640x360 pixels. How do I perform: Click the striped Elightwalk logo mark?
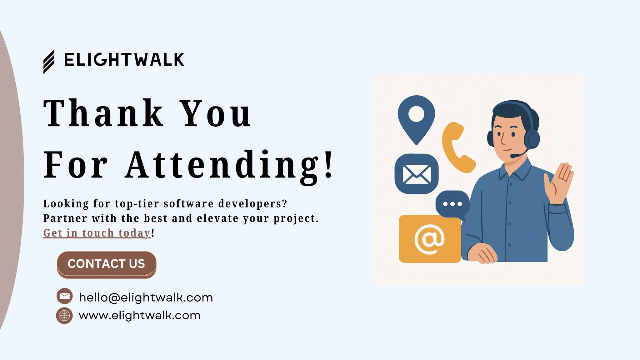tap(49, 62)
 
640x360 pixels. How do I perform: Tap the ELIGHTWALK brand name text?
tap(124, 60)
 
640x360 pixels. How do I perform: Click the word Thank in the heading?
tap(103, 113)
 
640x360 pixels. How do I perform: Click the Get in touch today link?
tap(97, 233)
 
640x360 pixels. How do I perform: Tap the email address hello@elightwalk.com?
tap(146, 297)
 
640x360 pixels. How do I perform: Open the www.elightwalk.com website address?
tap(139, 315)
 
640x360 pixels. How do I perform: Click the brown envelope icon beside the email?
tap(65, 296)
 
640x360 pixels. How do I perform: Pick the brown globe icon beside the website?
tap(64, 316)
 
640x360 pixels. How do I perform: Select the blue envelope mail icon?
tap(417, 174)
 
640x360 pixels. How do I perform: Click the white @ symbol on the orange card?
tap(429, 239)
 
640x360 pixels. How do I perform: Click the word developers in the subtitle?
tap(252, 204)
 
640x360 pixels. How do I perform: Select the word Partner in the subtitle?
tap(64, 218)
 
